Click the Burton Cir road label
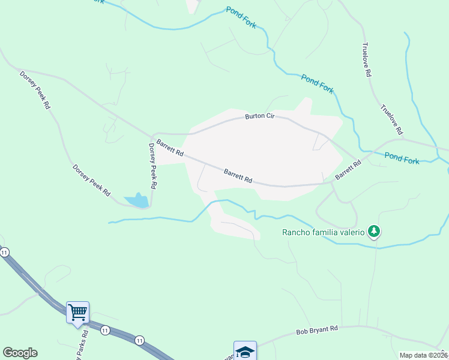[x=259, y=116]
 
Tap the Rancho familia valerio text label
[x=325, y=232]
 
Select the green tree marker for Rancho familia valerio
[x=374, y=231]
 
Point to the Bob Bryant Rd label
[x=318, y=329]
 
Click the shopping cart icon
[x=77, y=312]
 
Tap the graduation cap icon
[x=245, y=352]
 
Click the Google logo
[x=20, y=353]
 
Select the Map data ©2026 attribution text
[x=423, y=355]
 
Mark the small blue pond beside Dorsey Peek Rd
[x=137, y=201]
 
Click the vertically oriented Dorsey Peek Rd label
[x=152, y=166]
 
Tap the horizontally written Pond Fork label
[x=402, y=158]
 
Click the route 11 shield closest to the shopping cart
[x=106, y=331]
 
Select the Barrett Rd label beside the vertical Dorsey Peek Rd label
[x=170, y=149]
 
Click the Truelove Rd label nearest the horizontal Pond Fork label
[x=391, y=119]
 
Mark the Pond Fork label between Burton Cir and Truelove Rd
[x=318, y=84]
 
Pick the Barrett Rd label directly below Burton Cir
[x=238, y=176]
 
